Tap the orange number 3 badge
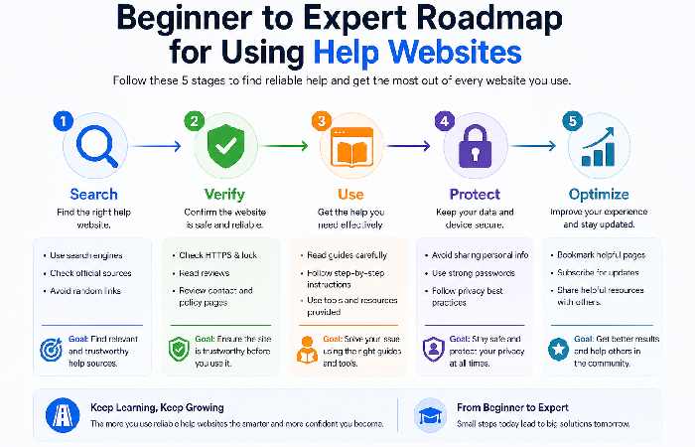click(x=320, y=121)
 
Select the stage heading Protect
click(x=474, y=194)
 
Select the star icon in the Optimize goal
click(x=558, y=349)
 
